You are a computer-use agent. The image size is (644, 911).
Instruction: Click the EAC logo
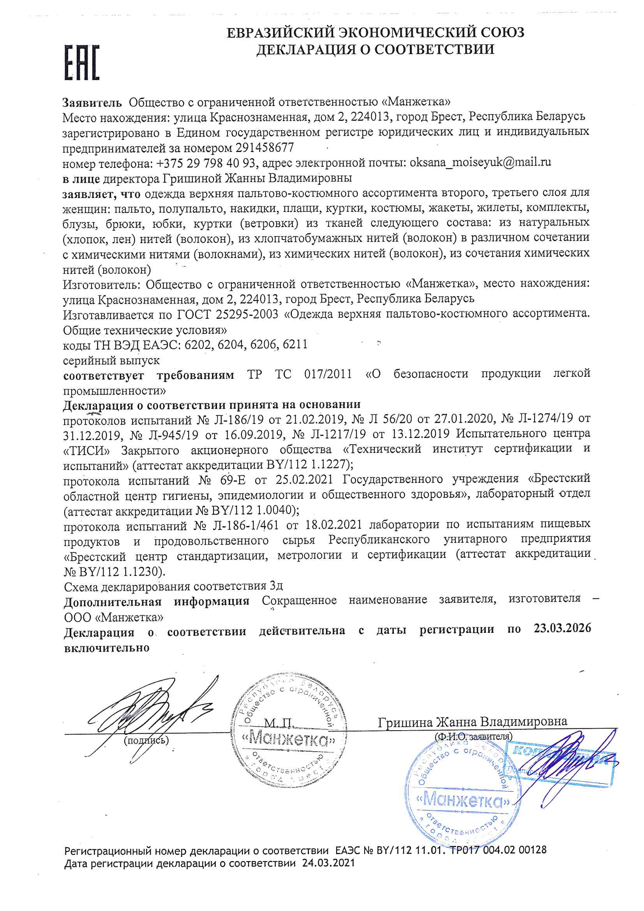point(82,63)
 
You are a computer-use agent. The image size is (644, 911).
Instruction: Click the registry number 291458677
point(265,148)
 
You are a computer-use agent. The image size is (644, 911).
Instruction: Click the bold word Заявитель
point(92,103)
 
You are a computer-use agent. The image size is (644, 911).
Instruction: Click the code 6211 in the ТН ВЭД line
point(295,344)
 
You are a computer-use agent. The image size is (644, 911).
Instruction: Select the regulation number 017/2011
point(328,374)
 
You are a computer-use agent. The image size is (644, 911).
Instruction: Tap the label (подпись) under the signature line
point(146,740)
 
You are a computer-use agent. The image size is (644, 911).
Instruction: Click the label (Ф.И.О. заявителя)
point(473,736)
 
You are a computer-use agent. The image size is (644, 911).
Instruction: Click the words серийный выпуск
point(111,361)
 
